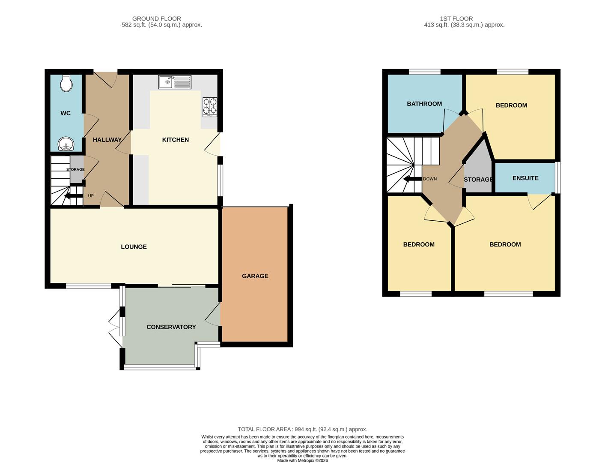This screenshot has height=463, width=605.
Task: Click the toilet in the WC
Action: click(66, 84)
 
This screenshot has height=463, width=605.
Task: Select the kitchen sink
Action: click(175, 81)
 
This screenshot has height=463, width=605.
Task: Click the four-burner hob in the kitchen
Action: click(210, 107)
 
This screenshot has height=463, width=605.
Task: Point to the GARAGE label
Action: click(255, 276)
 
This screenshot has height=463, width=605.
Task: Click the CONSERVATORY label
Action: click(171, 327)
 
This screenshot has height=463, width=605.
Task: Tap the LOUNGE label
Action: click(134, 247)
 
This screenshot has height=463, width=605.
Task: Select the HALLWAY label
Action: click(107, 140)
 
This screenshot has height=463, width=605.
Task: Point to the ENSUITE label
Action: click(525, 178)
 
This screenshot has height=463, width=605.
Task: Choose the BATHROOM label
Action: click(424, 104)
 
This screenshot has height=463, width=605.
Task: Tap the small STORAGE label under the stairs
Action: click(75, 170)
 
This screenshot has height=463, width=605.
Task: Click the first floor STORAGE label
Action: click(478, 180)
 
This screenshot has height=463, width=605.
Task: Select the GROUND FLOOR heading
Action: click(156, 19)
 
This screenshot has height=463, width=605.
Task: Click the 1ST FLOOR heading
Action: click(456, 19)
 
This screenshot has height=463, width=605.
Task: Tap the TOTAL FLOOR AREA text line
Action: click(302, 429)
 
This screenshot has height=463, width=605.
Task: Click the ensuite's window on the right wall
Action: click(557, 177)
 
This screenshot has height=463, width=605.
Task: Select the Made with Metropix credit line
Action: click(302, 460)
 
